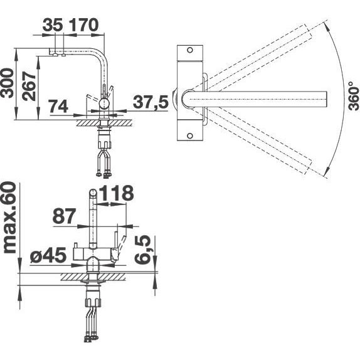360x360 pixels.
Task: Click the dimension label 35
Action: (x=53, y=25)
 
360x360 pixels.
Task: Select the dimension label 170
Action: (x=83, y=25)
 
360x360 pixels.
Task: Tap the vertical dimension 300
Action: (x=7, y=83)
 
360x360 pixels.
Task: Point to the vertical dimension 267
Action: (x=29, y=86)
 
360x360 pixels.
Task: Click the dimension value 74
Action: (x=59, y=106)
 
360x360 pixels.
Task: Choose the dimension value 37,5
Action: (x=151, y=102)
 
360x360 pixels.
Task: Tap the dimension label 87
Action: (x=64, y=216)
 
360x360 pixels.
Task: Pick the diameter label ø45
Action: (x=48, y=255)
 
